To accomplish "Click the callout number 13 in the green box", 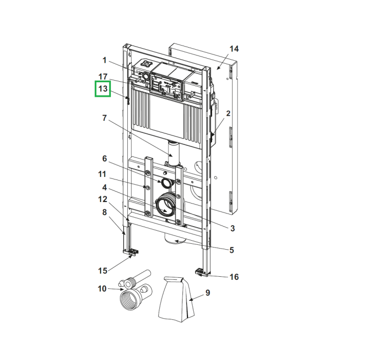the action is (103, 89).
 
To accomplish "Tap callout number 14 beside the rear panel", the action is (234, 49).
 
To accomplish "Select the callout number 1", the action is (104, 60).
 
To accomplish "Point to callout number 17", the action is (103, 77).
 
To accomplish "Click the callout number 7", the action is (104, 118).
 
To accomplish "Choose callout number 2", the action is (228, 113).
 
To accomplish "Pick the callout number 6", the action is (105, 158).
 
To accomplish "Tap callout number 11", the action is (102, 174).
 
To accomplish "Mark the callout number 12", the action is (103, 199).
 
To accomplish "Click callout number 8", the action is (104, 212).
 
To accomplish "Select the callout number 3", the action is (232, 228).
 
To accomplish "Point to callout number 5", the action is (232, 250).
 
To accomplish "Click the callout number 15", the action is (103, 271).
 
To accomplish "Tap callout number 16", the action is (234, 277).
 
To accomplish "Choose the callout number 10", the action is (102, 288).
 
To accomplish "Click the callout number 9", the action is (208, 293).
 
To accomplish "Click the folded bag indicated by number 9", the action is (176, 299).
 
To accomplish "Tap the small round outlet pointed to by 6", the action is (166, 183).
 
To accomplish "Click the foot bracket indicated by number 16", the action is (201, 272).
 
